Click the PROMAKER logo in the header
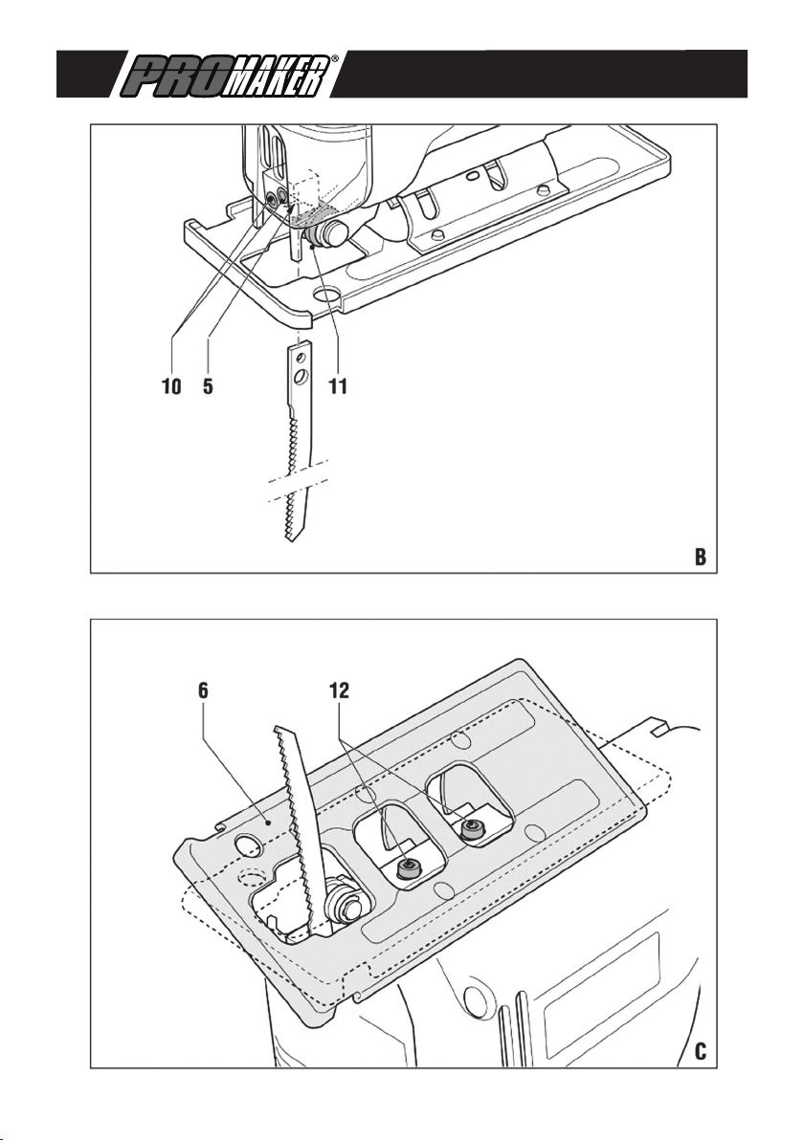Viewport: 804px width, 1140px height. pos(226,75)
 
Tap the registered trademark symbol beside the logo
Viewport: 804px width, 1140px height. pos(335,58)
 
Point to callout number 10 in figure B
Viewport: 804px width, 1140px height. pos(171,386)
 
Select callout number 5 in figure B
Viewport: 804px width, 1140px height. pos(208,386)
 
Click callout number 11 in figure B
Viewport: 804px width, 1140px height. pos(338,386)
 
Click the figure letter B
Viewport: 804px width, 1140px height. pos(700,557)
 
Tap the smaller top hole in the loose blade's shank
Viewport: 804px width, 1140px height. pos(299,359)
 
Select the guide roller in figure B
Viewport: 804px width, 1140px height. pos(324,235)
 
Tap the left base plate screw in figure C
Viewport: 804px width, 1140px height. pos(408,866)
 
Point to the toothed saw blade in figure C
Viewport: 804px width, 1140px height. pos(300,829)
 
